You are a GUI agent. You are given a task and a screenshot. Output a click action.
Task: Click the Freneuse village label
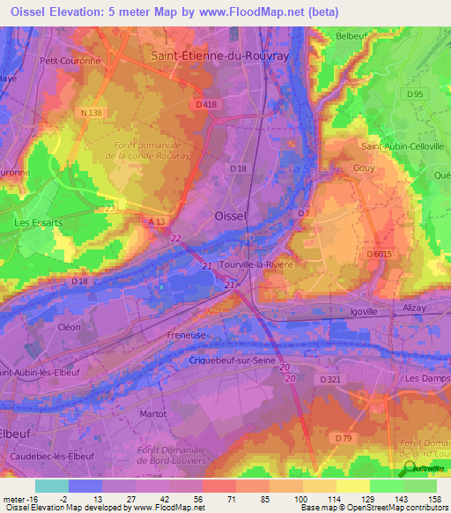click(187, 336)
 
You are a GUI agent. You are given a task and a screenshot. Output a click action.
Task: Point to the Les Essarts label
click(39, 223)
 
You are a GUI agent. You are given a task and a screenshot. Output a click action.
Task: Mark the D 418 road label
click(206, 104)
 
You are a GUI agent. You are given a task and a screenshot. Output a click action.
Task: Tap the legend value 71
click(218, 498)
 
